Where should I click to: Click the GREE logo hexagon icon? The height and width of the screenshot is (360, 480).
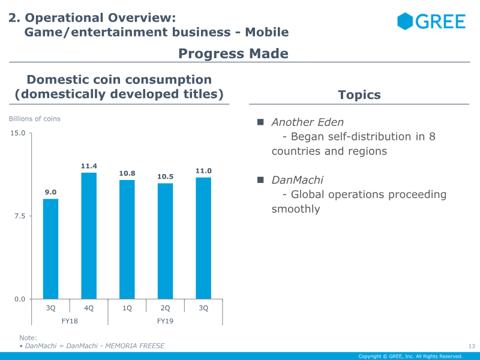coord(406,21)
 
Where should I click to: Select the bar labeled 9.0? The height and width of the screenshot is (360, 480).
coord(51,248)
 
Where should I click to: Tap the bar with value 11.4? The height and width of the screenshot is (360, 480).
coord(89,235)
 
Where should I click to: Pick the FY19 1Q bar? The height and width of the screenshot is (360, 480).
coord(127,239)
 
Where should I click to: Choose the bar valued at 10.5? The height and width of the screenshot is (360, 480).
coord(165,241)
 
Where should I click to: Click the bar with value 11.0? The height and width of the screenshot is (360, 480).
coord(203,238)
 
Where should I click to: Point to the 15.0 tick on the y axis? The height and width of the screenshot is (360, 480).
coord(18,133)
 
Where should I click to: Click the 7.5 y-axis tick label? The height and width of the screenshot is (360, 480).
coord(20,216)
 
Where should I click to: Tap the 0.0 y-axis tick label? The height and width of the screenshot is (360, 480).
coord(20,299)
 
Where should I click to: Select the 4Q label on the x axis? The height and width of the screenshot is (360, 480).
coord(89,308)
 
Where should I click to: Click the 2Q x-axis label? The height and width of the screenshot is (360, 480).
coord(165,308)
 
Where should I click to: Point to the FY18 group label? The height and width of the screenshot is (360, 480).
coord(70,321)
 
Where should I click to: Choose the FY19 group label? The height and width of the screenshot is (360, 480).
coord(165,321)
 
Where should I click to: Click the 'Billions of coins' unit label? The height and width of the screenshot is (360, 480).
coord(34,119)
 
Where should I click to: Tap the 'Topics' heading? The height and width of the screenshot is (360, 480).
coord(359,95)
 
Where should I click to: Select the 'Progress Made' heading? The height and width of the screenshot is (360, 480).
coord(233,54)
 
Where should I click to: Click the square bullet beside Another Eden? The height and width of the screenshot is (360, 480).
coord(260,122)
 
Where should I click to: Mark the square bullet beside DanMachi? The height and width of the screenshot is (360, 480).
coord(260,180)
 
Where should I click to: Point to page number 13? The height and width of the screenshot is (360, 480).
coord(471,346)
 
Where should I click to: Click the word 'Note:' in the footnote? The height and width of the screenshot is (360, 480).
coord(28,338)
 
